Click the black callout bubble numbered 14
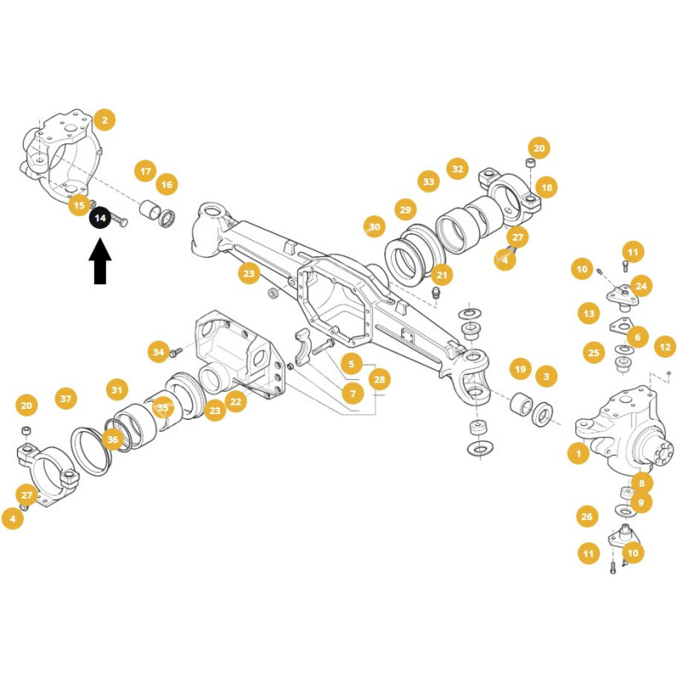100,218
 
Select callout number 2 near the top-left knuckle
104,120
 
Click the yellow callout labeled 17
145,172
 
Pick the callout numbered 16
166,184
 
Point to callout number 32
458,169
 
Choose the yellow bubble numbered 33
429,181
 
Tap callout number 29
405,209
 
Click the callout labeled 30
374,227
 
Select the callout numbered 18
546,187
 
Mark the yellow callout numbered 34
159,352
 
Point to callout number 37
66,399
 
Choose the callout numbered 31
117,390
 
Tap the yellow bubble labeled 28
379,379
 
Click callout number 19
521,370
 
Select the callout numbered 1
579,453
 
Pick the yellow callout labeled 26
587,517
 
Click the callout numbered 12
665,347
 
